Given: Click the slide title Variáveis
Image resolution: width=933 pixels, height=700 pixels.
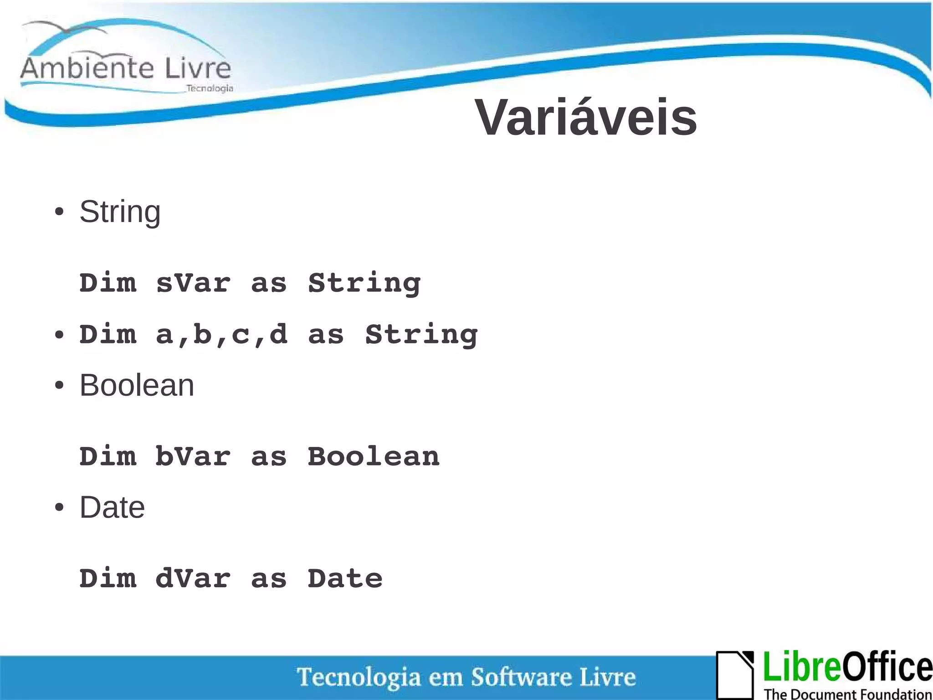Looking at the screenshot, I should (586, 118).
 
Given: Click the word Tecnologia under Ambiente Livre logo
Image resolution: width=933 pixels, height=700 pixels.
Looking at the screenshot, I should (210, 88).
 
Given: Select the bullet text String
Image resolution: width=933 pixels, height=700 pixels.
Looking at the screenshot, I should (120, 212).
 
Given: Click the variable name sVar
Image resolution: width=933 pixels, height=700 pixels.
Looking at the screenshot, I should (193, 283).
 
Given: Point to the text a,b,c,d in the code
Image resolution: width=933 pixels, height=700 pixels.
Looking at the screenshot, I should (221, 334).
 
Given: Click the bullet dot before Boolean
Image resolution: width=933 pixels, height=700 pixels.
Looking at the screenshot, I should (59, 386).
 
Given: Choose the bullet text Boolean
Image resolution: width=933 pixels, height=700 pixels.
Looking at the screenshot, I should (137, 386).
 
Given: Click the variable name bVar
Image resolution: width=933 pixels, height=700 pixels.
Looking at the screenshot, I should (193, 456).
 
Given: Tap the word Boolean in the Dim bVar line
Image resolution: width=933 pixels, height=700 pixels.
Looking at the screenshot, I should (374, 456).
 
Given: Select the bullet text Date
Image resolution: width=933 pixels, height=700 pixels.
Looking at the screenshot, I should (112, 508).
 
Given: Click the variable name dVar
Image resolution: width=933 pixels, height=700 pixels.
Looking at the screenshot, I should (193, 579).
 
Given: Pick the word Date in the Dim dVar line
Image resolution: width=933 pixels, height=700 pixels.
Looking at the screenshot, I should (345, 579).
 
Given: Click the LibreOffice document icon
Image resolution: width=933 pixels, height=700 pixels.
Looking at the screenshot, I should (734, 675).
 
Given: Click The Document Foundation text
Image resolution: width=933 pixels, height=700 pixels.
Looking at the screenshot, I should (847, 694).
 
